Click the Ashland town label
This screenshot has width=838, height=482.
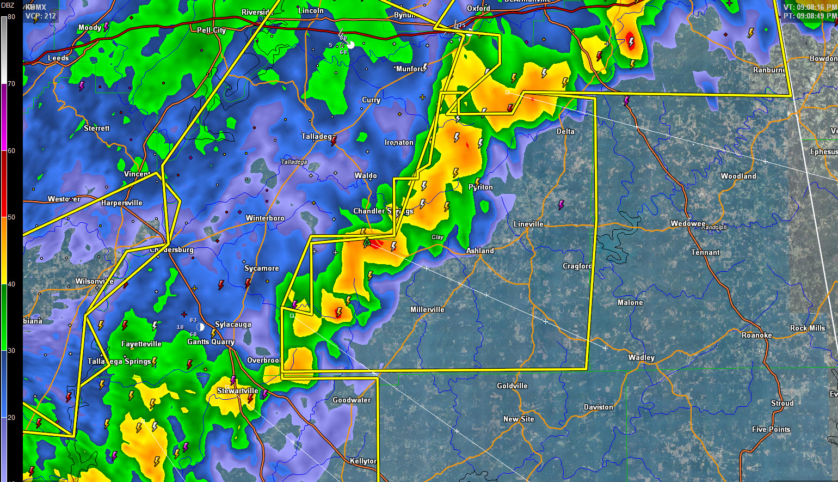click(x=480, y=251)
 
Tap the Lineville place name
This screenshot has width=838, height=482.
click(x=528, y=224)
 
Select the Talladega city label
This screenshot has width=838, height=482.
click(x=318, y=137)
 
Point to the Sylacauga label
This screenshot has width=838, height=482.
click(x=233, y=324)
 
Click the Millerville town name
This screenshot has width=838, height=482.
click(x=427, y=309)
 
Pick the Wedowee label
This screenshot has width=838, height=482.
click(x=688, y=223)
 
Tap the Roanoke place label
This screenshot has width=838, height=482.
click(x=756, y=335)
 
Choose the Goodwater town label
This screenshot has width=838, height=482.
click(x=352, y=400)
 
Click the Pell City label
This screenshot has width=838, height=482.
click(x=211, y=30)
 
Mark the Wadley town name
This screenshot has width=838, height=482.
click(x=642, y=357)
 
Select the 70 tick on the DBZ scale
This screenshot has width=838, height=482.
click(x=11, y=84)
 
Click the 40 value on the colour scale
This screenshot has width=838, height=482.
click(x=11, y=284)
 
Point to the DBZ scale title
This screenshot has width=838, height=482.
click(x=8, y=5)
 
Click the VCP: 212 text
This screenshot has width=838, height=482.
click(x=41, y=16)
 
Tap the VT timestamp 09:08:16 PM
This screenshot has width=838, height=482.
click(x=810, y=7)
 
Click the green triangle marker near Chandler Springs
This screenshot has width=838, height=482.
click(x=367, y=241)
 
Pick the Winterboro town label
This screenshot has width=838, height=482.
click(x=265, y=218)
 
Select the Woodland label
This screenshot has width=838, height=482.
click(x=738, y=176)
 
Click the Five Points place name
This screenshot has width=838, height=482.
click(x=771, y=429)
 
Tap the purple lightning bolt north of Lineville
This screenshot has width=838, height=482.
click(x=562, y=205)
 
